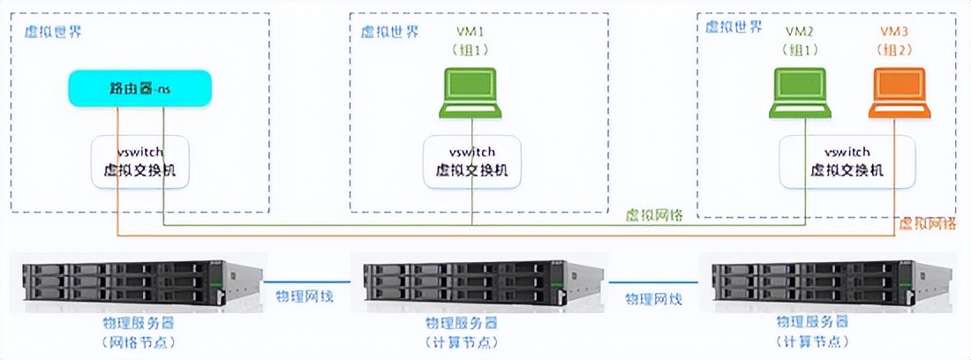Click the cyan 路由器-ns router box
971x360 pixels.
tap(140, 89)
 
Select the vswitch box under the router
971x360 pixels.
tap(139, 161)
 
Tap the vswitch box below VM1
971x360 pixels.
tap(471, 161)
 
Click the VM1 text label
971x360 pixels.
tap(471, 32)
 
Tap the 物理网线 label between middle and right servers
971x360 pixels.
tap(653, 298)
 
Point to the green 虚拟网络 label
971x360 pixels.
tap(654, 215)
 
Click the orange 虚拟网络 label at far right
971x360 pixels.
tap(927, 224)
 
